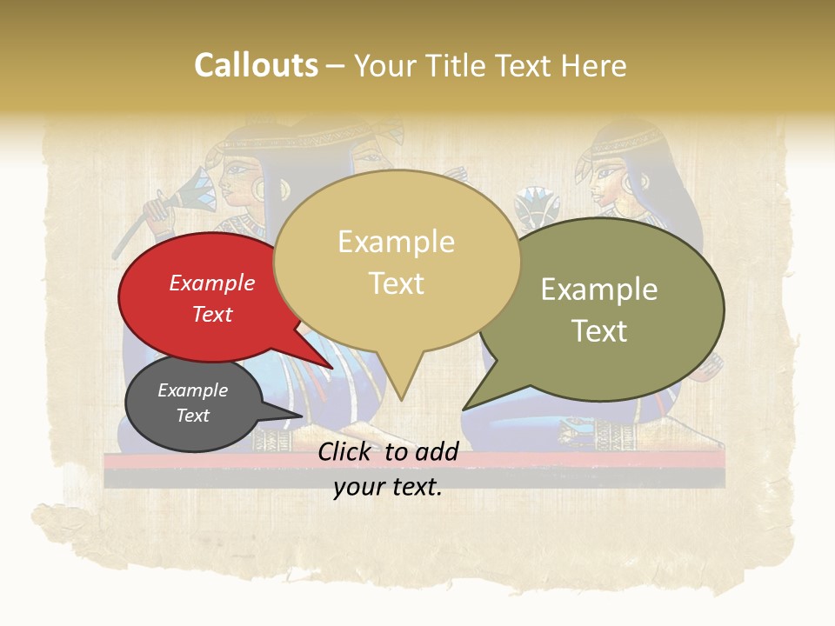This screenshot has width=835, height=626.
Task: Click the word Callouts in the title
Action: (256, 66)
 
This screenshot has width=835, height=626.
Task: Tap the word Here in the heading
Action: (593, 66)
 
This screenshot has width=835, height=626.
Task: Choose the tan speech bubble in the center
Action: (397, 261)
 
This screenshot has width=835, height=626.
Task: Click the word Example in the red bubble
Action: (211, 283)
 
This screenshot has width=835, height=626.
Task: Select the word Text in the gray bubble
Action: (193, 416)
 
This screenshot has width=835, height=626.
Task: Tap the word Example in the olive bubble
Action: (599, 290)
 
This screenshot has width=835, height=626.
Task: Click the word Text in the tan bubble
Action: (397, 283)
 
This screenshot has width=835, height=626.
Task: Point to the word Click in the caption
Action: (344, 451)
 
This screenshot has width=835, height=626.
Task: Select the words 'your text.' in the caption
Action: (388, 488)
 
